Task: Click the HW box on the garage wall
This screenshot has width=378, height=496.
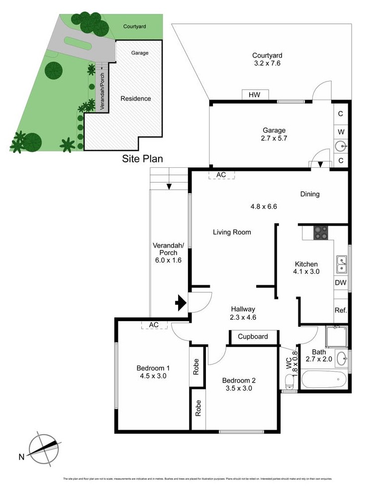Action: (255, 95)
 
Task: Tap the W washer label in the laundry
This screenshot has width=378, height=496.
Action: (341, 132)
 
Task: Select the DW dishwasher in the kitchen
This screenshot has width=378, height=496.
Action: (341, 282)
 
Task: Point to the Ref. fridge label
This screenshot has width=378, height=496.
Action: (341, 310)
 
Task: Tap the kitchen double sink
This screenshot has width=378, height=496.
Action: (341, 264)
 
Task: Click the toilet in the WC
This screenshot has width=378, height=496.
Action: (289, 381)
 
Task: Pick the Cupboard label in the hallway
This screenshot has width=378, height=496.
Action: (253, 337)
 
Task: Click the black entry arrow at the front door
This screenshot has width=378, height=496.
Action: (180, 302)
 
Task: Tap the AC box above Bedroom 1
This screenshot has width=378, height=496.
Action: (154, 325)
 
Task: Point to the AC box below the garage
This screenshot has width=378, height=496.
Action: (221, 175)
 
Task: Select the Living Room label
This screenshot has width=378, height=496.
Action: (232, 232)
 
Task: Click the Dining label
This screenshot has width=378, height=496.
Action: (309, 194)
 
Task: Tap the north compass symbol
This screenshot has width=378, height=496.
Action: (45, 448)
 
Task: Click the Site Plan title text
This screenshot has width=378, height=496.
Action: (143, 159)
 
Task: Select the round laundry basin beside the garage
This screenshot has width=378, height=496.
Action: (341, 146)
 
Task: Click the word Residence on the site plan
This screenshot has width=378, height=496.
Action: (136, 99)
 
